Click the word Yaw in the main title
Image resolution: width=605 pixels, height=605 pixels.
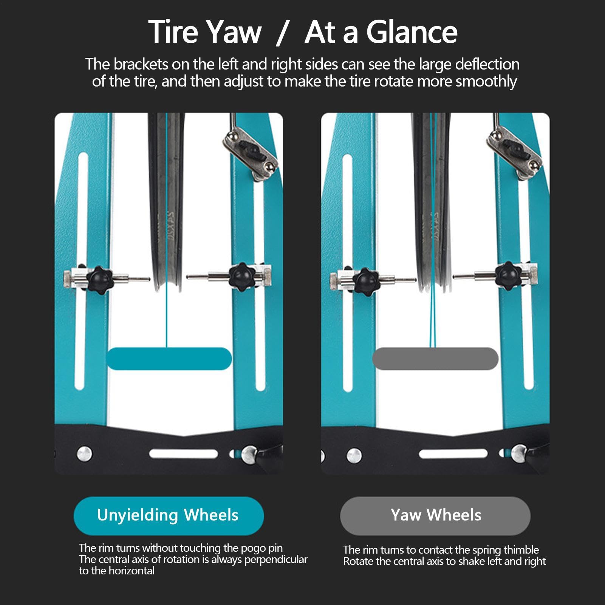tap(235, 32)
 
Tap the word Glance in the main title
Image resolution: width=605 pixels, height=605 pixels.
tap(412, 32)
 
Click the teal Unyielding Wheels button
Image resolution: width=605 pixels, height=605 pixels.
tap(169, 515)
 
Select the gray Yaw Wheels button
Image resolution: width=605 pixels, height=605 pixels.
tap(435, 515)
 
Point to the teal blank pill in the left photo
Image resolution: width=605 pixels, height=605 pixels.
tap(169, 359)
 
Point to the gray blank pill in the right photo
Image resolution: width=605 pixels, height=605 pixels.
tap(435, 359)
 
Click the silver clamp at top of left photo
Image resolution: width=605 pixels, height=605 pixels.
tap(250, 153)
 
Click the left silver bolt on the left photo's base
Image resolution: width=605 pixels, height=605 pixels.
tap(84, 454)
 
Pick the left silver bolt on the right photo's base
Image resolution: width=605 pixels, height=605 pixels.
tap(354, 456)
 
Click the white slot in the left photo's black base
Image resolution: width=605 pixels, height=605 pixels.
tap(184, 453)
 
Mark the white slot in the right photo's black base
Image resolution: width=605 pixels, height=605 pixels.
tap(453, 453)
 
